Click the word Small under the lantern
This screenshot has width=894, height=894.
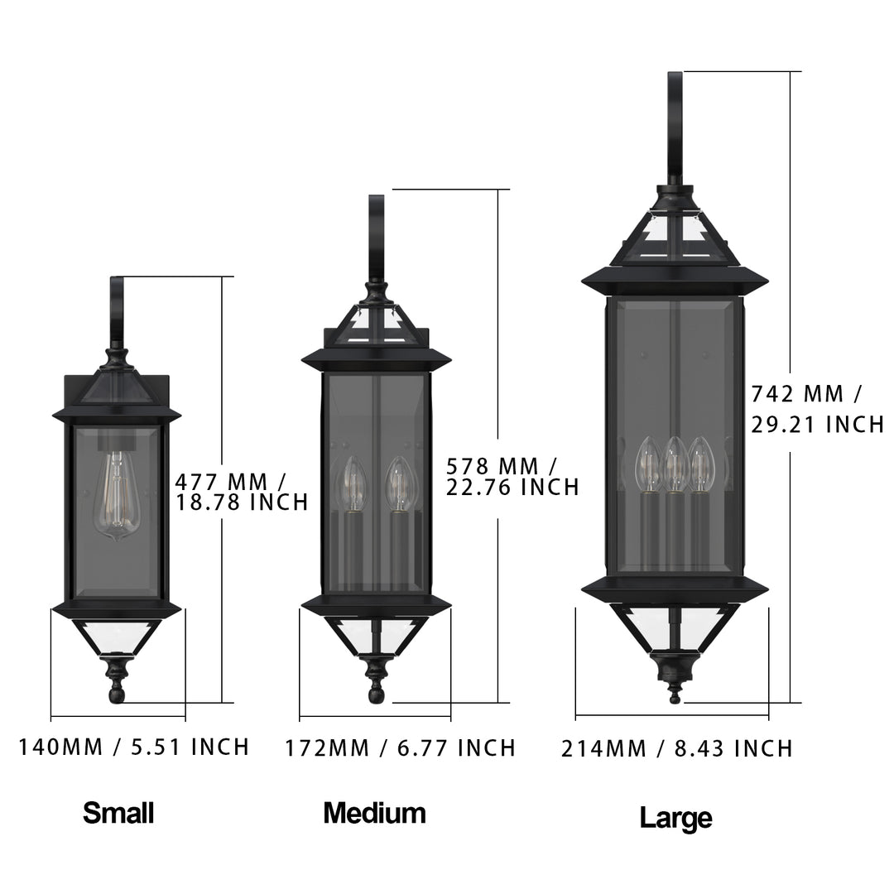pyautogui.click(x=118, y=813)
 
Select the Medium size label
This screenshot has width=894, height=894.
pyautogui.click(x=374, y=813)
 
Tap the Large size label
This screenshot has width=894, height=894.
pyautogui.click(x=675, y=818)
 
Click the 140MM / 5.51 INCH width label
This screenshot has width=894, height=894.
pyautogui.click(x=134, y=747)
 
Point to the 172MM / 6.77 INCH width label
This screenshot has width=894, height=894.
pyautogui.click(x=401, y=748)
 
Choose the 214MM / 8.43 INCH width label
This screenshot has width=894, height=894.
pyautogui.click(x=677, y=749)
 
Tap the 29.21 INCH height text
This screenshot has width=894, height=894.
pyautogui.click(x=817, y=425)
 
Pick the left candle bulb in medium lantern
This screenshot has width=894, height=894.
pyautogui.click(x=353, y=483)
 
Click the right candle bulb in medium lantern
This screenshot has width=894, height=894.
pyautogui.click(x=400, y=483)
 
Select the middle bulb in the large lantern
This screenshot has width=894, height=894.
pyautogui.click(x=675, y=465)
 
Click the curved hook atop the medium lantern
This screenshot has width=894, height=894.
pyautogui.click(x=377, y=236)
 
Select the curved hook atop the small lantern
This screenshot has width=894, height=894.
pyautogui.click(x=117, y=310)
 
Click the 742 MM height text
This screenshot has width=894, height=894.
pyautogui.click(x=807, y=392)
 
